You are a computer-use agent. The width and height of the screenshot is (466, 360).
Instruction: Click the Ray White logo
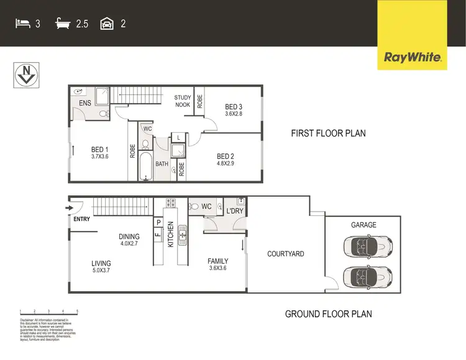tap(413, 58)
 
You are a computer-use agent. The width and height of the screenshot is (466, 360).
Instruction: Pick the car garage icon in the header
tap(107, 24)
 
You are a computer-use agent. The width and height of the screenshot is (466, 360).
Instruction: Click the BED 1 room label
tap(100, 150)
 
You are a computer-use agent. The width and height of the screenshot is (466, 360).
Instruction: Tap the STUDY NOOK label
tap(183, 101)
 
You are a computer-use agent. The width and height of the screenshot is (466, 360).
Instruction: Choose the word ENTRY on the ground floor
tap(82, 219)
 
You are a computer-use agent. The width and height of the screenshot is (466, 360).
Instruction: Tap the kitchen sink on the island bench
tap(183, 233)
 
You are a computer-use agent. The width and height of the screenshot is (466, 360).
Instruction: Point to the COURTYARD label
tap(285, 254)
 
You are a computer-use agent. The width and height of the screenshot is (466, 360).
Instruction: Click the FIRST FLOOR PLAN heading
tap(329, 133)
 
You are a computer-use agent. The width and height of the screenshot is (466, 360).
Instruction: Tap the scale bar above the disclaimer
tap(48, 310)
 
